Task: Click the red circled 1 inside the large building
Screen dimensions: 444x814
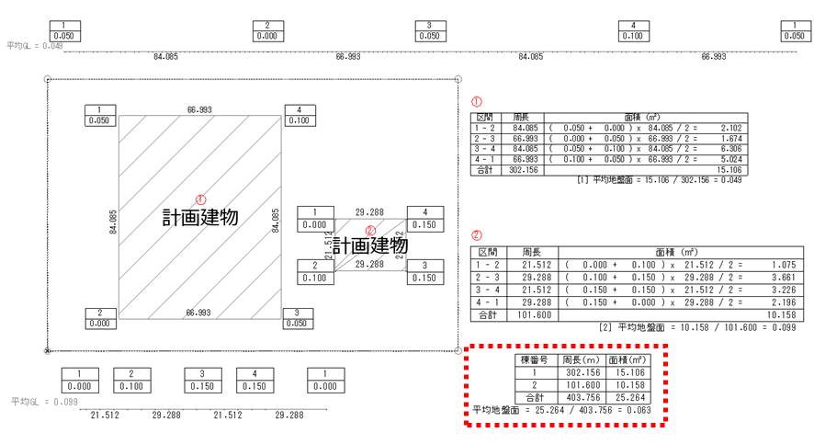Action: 200,199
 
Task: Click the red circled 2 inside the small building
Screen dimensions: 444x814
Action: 371,231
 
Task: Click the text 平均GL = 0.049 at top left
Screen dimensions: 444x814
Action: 35,45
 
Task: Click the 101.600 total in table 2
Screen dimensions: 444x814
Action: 536,314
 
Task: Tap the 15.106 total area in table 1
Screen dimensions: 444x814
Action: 728,170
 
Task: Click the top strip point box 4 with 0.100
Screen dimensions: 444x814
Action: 633,30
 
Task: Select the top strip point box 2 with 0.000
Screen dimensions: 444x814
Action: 267,30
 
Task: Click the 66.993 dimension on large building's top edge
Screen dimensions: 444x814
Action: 199,109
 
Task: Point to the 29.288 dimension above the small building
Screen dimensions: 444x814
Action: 369,211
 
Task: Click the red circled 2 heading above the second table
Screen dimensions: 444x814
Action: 476,234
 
